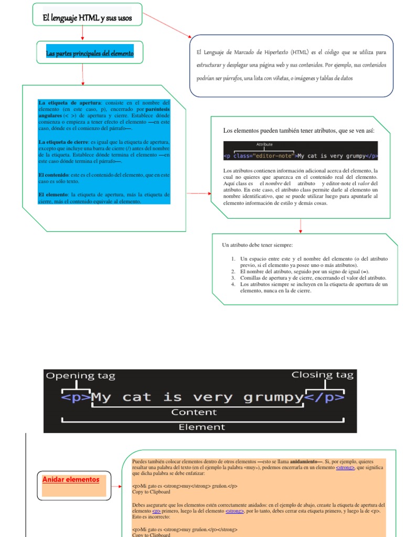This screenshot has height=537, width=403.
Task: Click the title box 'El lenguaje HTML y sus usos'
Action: [x=87, y=19]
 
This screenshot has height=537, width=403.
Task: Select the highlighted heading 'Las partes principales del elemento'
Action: [x=90, y=53]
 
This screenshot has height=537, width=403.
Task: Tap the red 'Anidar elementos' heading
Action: [x=71, y=479]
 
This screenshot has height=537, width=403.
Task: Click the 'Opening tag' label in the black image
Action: [x=80, y=375]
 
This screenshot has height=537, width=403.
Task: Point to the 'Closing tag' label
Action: [x=322, y=375]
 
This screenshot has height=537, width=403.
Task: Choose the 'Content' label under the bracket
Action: [x=194, y=412]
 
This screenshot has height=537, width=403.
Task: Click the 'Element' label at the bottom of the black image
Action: [x=201, y=427]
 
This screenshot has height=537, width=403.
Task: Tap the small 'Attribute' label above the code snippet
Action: [x=264, y=144]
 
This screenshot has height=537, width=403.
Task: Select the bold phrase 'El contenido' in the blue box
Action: [x=54, y=174]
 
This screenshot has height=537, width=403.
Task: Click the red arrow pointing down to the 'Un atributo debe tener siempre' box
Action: [x=300, y=225]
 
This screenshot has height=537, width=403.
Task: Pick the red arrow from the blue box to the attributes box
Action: [x=198, y=193]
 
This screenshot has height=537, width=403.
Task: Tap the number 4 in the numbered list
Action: [x=233, y=284]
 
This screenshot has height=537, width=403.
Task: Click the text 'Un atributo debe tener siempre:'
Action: [x=257, y=245]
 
